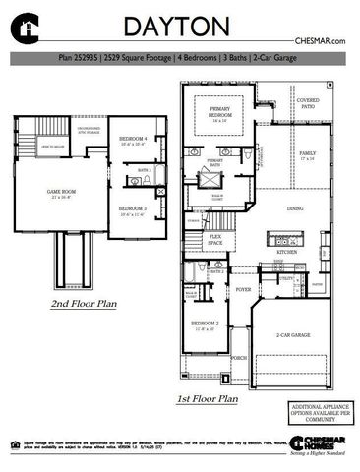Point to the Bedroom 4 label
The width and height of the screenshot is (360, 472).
[132, 141]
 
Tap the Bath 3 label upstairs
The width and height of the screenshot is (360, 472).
[144, 170]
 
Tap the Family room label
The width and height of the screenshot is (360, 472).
[308, 155]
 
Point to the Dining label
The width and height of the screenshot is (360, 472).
[294, 209]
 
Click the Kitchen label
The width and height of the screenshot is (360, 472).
[286, 253]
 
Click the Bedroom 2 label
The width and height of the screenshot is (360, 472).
[205, 324]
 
